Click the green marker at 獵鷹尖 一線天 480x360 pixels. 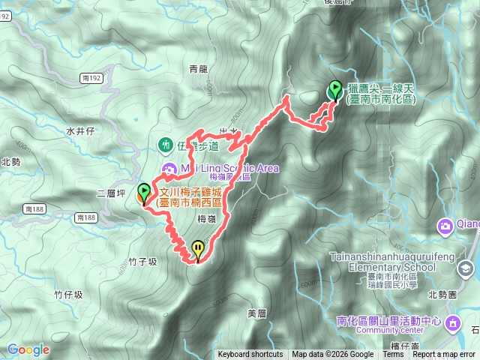point(334,91)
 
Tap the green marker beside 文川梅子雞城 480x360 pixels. point(143,193)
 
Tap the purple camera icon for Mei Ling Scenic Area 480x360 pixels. point(169,168)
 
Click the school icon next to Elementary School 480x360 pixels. point(466,267)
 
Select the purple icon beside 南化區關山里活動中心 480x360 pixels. point(453,322)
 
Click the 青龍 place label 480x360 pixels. point(198,69)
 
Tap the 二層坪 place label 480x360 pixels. point(109,193)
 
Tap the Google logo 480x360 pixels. point(28,349)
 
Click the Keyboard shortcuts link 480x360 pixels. point(250,355)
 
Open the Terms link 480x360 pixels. point(393,355)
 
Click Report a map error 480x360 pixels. point(444,355)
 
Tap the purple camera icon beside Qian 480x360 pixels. point(445,225)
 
